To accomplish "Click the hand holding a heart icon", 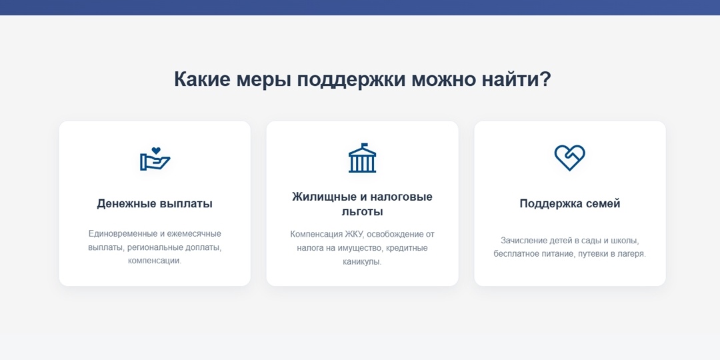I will click(x=155, y=159).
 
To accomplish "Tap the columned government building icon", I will click(x=362, y=159).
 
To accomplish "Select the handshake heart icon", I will click(x=569, y=158).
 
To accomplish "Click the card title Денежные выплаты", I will click(x=155, y=203).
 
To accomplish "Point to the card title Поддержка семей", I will click(x=570, y=203).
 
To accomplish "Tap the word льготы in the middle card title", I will click(x=362, y=212).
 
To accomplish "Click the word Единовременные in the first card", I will click(x=123, y=233).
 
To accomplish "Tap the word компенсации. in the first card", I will click(x=155, y=261).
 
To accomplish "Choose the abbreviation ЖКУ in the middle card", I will click(x=354, y=234).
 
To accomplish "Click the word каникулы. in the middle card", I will click(x=362, y=262).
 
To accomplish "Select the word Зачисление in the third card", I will click(x=523, y=240).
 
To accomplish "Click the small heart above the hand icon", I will click(x=156, y=151).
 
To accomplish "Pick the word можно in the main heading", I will click(x=442, y=79).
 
